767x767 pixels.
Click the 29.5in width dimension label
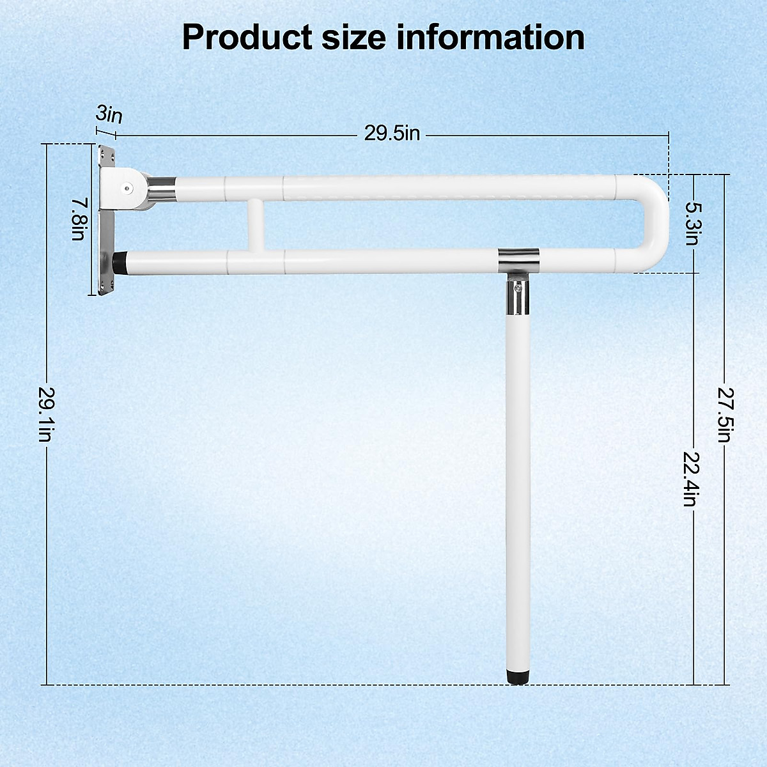(392, 134)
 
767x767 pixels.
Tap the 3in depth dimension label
(109, 115)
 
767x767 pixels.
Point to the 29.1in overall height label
(45, 414)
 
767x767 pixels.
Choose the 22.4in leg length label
(690, 479)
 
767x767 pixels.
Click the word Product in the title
(245, 37)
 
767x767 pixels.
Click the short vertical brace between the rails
(255, 224)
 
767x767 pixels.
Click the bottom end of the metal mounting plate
(105, 288)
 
